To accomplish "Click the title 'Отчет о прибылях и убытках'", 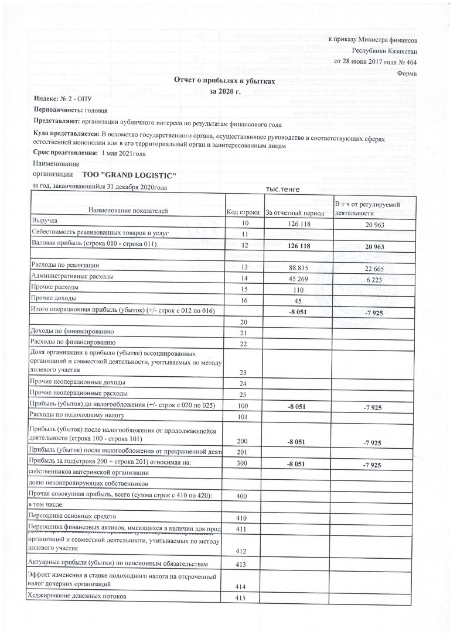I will [225, 80].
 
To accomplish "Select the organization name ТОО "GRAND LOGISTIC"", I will [125, 175].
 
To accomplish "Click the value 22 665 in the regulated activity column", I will [373, 268].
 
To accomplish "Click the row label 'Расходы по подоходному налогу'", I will [76, 415].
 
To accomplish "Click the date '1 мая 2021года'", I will [124, 153].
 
